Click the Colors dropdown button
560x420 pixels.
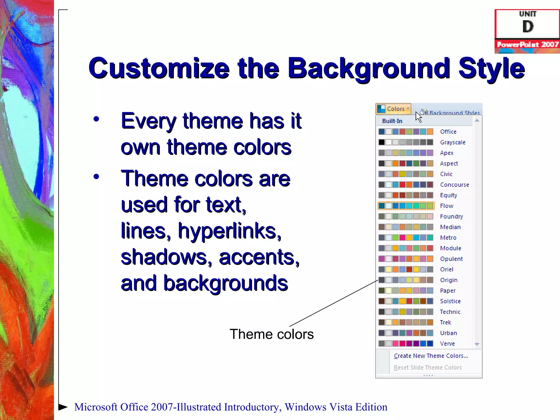click(x=393, y=109)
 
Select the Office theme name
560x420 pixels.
click(x=448, y=132)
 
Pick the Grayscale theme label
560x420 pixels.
click(x=453, y=142)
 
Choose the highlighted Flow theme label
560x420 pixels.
click(x=447, y=206)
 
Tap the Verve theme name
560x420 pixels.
click(x=447, y=344)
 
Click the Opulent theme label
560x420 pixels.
click(x=451, y=259)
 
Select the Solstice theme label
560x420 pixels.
click(x=450, y=301)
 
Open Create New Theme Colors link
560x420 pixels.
click(x=431, y=356)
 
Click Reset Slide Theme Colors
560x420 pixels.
click(x=428, y=367)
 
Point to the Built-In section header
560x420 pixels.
click(x=392, y=121)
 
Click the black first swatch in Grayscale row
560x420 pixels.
click(x=381, y=142)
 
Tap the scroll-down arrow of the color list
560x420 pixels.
click(x=477, y=344)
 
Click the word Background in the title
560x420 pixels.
click(x=369, y=68)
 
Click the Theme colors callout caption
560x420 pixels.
click(x=272, y=334)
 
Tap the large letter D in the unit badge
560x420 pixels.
click(x=528, y=27)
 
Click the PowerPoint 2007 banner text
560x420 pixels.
click(x=527, y=45)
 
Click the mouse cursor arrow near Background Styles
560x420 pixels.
click(x=418, y=117)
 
